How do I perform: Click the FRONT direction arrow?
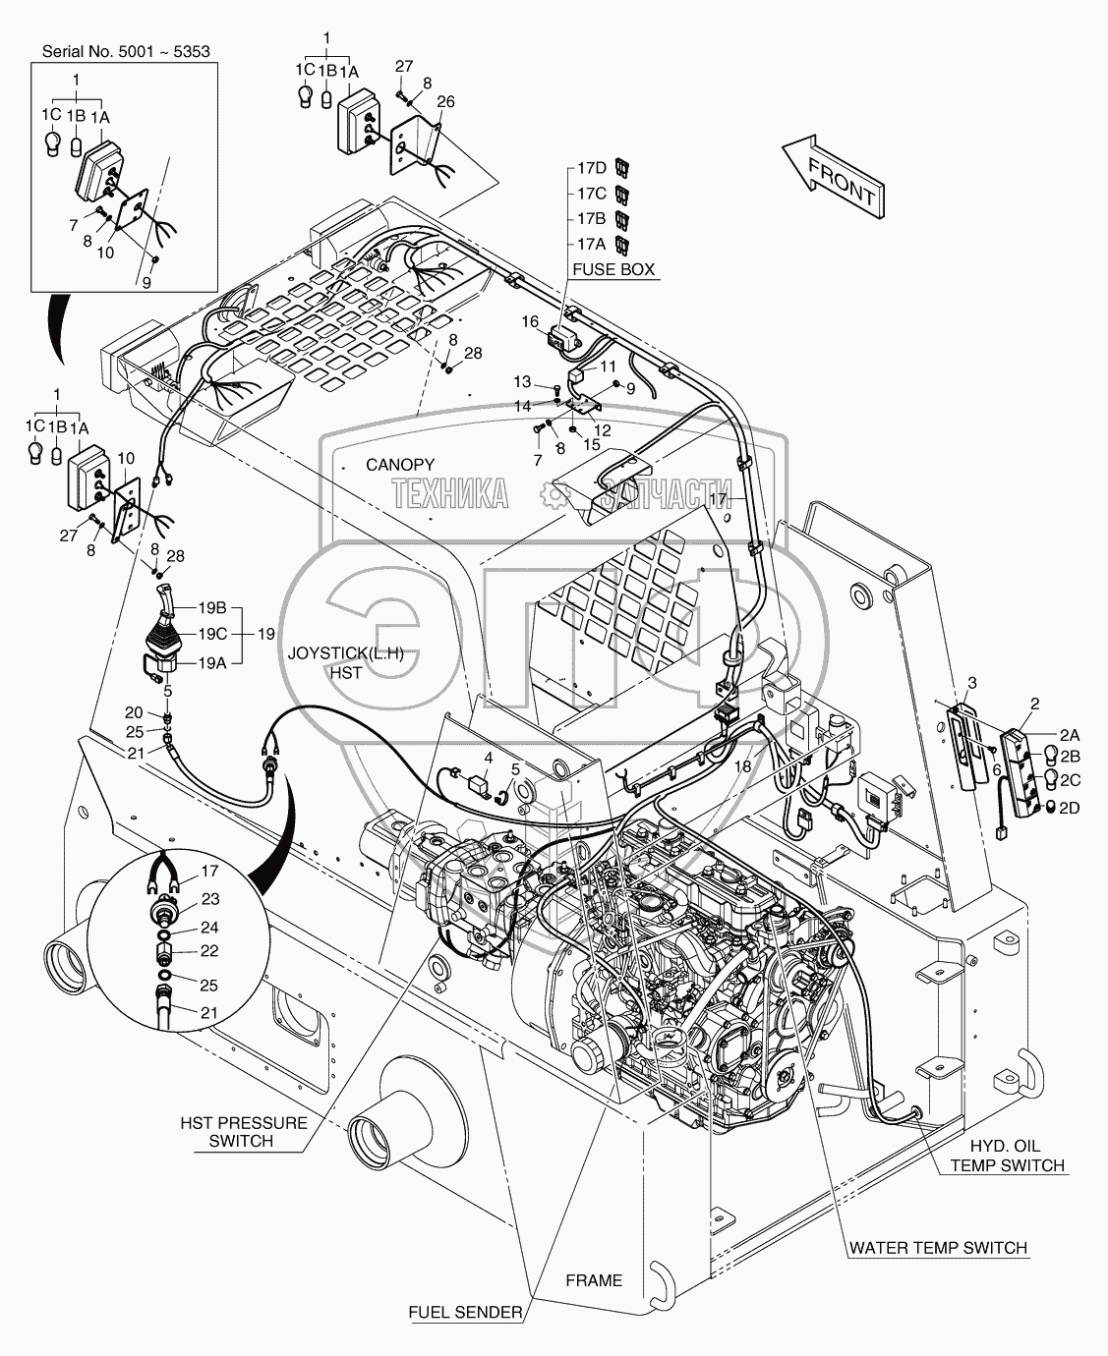click(835, 177)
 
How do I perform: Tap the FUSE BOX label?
click(614, 270)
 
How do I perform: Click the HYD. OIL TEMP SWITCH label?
click(1007, 1156)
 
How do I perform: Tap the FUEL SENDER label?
click(467, 1312)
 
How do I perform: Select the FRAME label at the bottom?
click(594, 1280)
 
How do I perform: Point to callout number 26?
click(445, 101)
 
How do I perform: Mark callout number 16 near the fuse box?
click(530, 321)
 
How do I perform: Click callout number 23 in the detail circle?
click(210, 898)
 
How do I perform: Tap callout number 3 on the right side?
click(971, 682)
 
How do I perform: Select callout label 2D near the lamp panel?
click(1068, 808)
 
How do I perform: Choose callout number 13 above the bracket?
click(521, 381)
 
